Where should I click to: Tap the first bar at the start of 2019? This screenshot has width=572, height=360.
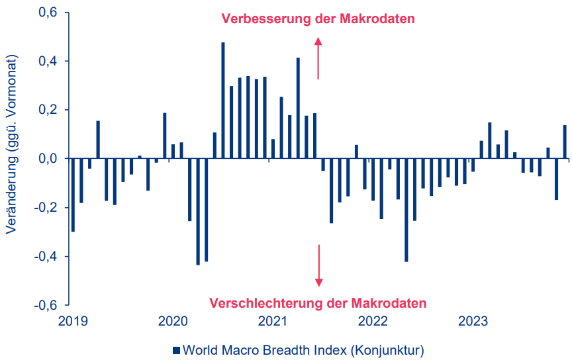point(73,195)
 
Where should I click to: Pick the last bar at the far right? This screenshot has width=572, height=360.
point(565,142)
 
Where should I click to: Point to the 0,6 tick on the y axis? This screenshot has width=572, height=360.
point(47,13)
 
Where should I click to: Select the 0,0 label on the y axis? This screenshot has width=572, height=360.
point(47,159)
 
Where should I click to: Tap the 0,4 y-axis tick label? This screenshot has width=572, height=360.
point(47,62)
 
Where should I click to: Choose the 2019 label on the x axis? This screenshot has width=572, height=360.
point(72,322)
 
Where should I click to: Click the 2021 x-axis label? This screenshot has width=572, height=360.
point(272,322)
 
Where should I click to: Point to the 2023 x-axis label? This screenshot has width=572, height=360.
point(473,322)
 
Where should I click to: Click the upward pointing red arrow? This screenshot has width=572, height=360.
point(318,58)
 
